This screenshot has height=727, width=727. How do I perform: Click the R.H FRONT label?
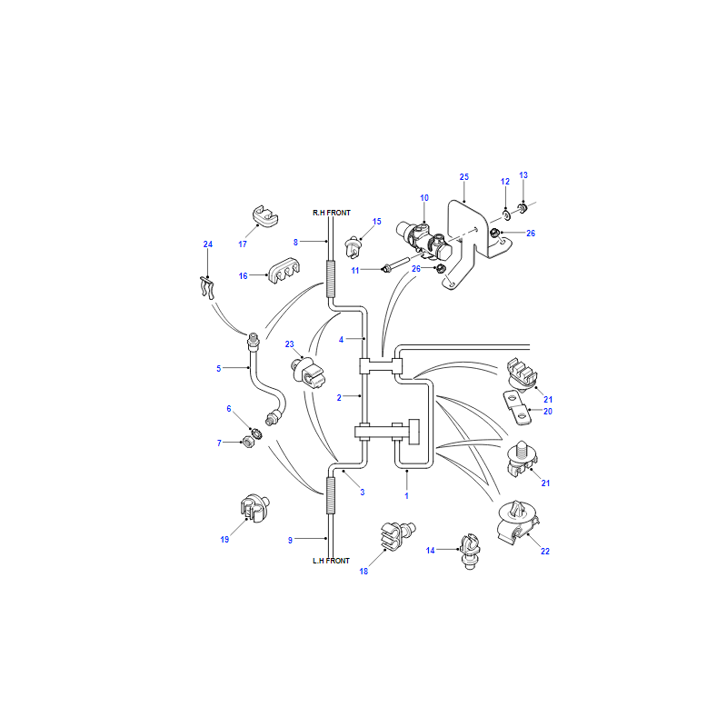pyautogui.click(x=332, y=213)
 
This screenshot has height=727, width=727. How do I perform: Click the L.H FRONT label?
pyautogui.click(x=331, y=561)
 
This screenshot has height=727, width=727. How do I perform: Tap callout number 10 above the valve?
pyautogui.click(x=424, y=198)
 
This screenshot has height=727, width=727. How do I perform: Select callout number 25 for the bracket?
pyautogui.click(x=464, y=176)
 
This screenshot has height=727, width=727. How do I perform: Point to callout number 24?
pyautogui.click(x=208, y=244)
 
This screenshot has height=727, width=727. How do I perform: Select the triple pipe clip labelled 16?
pyautogui.click(x=284, y=270)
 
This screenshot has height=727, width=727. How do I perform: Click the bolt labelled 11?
pyautogui.click(x=401, y=263)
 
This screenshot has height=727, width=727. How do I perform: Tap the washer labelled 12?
pyautogui.click(x=506, y=215)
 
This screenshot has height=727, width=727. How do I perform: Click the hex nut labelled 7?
pyautogui.click(x=249, y=442)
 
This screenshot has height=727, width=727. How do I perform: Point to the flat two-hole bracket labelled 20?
pyautogui.click(x=518, y=407)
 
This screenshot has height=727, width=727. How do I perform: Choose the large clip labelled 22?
pyautogui.click(x=518, y=522)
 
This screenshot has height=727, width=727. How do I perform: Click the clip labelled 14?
pyautogui.click(x=470, y=552)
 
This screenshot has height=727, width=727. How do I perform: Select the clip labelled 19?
pyautogui.click(x=254, y=508)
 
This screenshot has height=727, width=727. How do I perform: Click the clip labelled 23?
pyautogui.click(x=308, y=373)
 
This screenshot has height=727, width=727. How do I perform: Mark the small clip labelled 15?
pyautogui.click(x=354, y=247)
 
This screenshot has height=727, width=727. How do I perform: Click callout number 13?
pyautogui.click(x=523, y=175)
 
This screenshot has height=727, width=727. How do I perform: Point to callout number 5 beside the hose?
pyautogui.click(x=218, y=369)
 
